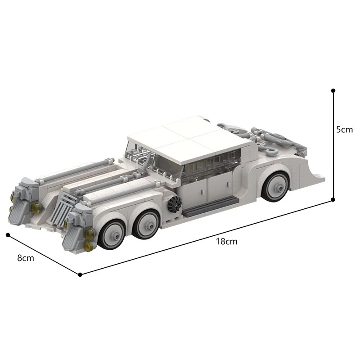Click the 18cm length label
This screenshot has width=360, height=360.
(226, 241)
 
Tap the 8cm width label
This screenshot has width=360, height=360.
(25, 258)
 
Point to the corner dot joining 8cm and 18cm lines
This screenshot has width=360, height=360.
(80, 274)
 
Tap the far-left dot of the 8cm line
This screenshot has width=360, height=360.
(8, 234)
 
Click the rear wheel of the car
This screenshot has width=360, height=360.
(275, 187)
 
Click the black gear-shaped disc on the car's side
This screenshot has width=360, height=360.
(174, 206)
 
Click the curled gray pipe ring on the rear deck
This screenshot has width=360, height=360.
(235, 129)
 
